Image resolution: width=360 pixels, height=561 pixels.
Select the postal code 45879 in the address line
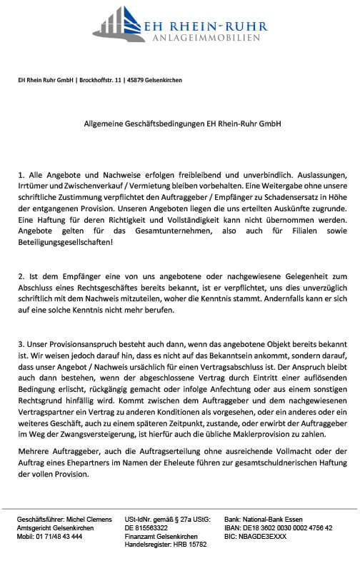point(139,81)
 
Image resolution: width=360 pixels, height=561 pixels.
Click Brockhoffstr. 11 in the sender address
point(101,81)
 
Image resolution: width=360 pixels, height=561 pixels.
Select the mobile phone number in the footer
point(59,536)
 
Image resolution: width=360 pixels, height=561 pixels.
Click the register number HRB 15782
point(189,545)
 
